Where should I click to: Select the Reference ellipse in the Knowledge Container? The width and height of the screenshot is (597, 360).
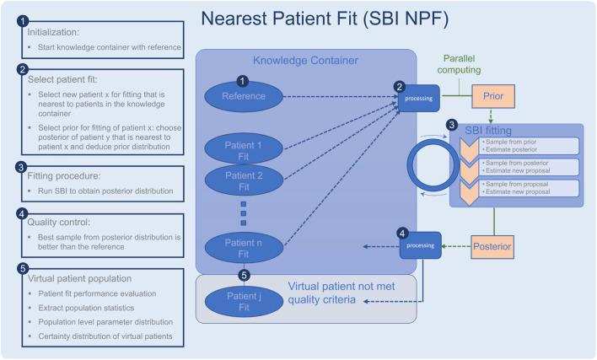243,95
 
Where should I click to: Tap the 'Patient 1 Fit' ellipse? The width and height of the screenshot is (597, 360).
243,151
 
